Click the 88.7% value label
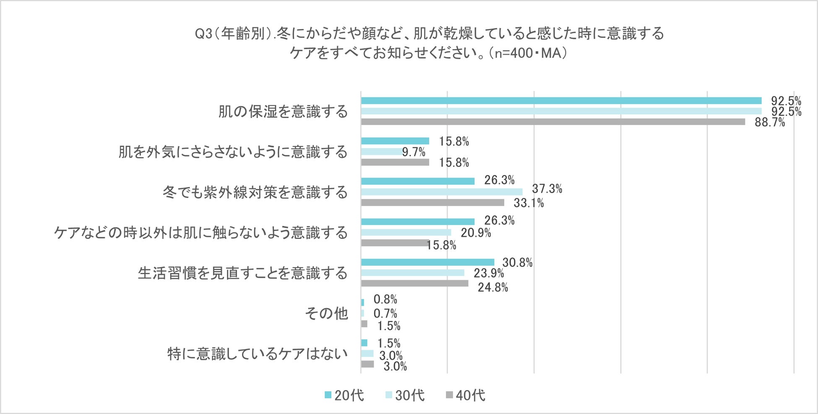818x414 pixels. pyautogui.click(x=769, y=123)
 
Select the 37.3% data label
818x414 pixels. pyautogui.click(x=547, y=189)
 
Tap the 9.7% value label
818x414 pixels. pyautogui.click(x=413, y=152)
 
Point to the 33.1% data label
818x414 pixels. pyautogui.click(x=529, y=203)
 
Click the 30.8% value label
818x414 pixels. pyautogui.click(x=517, y=263)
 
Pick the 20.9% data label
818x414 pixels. pyautogui.click(x=476, y=233)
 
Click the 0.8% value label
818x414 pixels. pyautogui.click(x=385, y=299)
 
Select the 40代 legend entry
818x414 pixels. pyautogui.click(x=466, y=395)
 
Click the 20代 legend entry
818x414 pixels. pyautogui.click(x=344, y=395)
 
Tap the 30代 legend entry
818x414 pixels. pyautogui.click(x=405, y=395)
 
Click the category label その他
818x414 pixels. pyautogui.click(x=326, y=313)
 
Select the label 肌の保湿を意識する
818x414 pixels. pyautogui.click(x=283, y=111)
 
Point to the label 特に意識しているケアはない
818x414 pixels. pyautogui.click(x=258, y=354)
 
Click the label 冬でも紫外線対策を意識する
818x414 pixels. pyautogui.click(x=255, y=192)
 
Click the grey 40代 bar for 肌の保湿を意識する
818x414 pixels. pyautogui.click(x=553, y=122)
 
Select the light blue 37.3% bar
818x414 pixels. pyautogui.click(x=441, y=192)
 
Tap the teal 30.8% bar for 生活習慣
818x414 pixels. pyautogui.click(x=427, y=262)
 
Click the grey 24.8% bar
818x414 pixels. pyautogui.click(x=414, y=283)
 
